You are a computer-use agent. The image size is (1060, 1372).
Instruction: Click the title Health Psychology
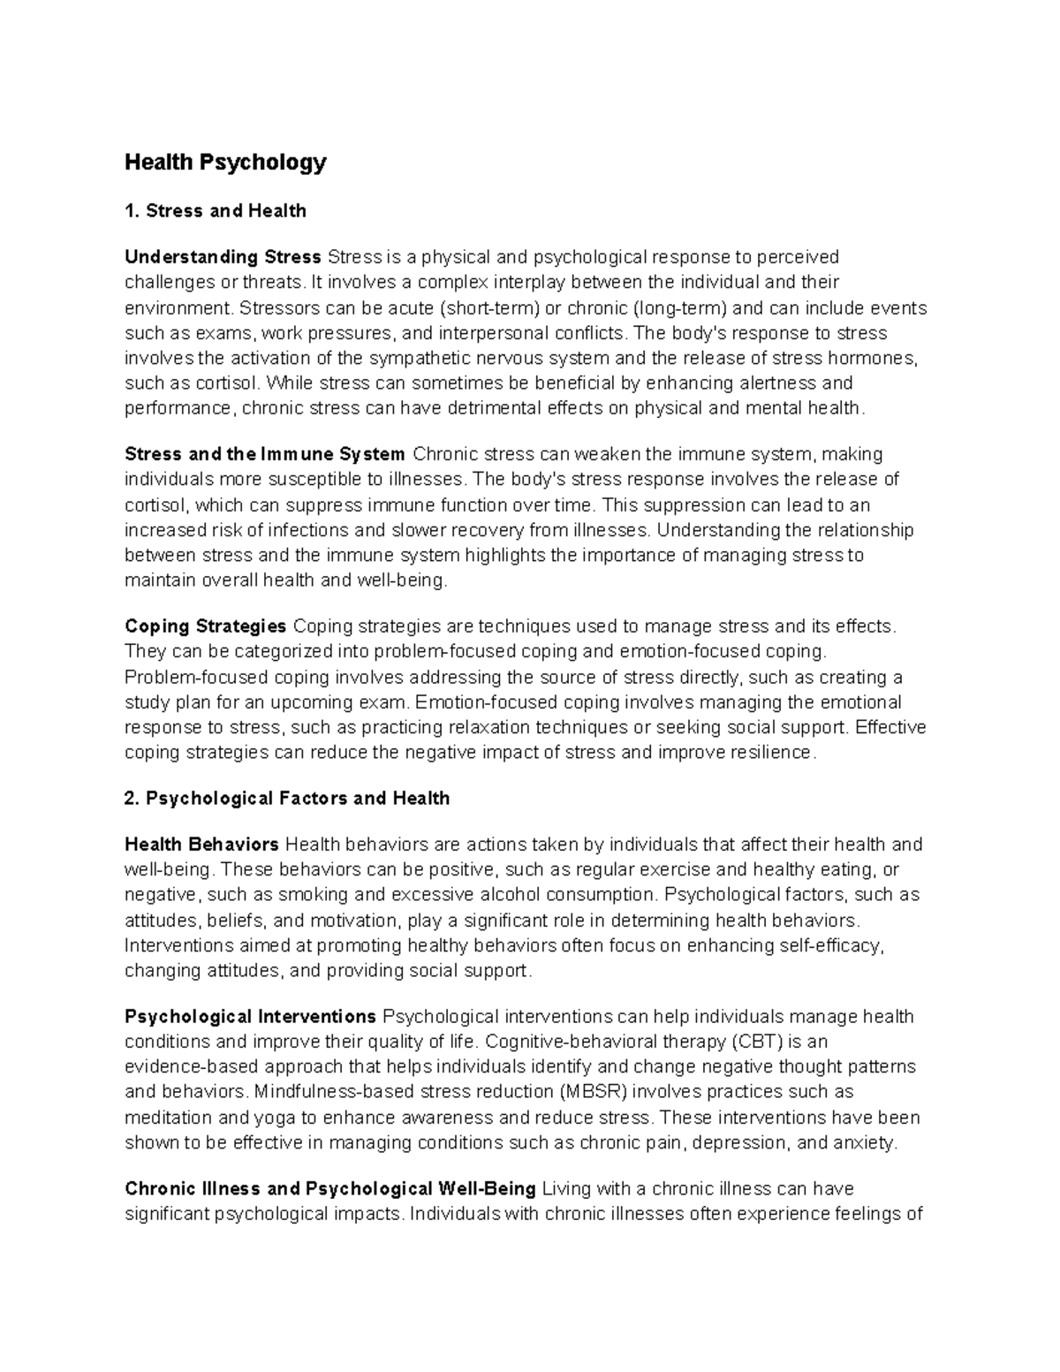pos(225,163)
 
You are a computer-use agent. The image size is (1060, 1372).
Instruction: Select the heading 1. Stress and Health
pos(216,211)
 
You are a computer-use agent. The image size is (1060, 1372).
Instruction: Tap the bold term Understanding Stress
pos(223,257)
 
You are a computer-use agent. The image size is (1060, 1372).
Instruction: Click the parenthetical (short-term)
pos(489,308)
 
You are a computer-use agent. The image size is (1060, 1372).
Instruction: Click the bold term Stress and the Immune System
pos(265,455)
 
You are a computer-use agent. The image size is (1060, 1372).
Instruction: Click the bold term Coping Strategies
pos(205,627)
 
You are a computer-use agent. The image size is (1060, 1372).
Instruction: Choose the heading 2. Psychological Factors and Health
pos(287,799)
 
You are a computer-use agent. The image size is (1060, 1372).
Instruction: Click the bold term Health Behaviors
pos(201,845)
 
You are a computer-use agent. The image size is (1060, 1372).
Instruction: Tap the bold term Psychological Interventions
pos(251,1017)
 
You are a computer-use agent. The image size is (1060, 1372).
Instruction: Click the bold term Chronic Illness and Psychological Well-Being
pos(330,1189)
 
